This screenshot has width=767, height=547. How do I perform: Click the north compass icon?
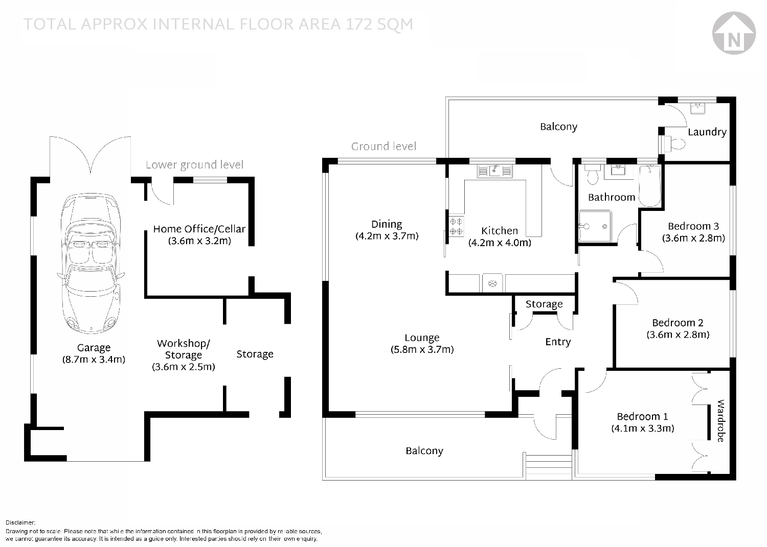tap(734, 33)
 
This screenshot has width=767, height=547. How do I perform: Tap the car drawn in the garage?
tap(91, 263)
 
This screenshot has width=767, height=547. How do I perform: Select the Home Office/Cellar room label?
tap(199, 229)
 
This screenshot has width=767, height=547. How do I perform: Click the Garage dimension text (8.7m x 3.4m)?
tap(94, 360)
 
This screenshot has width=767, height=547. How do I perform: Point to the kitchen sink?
tap(495, 171)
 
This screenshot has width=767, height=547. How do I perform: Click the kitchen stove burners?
tap(456, 226)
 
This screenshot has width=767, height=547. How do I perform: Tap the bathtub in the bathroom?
tap(649, 186)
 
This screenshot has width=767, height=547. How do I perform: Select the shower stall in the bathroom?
tap(595, 226)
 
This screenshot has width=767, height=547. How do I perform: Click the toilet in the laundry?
tap(675, 144)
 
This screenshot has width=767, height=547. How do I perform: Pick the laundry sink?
tap(698, 108)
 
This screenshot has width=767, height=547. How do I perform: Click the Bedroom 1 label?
tap(642, 416)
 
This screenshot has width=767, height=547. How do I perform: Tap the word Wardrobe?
tap(721, 421)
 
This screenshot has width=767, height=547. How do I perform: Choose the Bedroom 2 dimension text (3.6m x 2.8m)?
tap(678, 335)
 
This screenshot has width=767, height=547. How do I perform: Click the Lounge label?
tap(422, 338)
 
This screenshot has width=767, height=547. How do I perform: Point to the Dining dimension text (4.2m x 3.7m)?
tap(387, 236)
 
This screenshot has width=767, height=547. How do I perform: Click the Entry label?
tap(558, 342)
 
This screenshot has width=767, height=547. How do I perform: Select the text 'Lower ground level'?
tap(194, 165)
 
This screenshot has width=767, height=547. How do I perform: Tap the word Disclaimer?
tap(20, 522)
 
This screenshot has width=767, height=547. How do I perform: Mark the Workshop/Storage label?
tap(184, 349)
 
